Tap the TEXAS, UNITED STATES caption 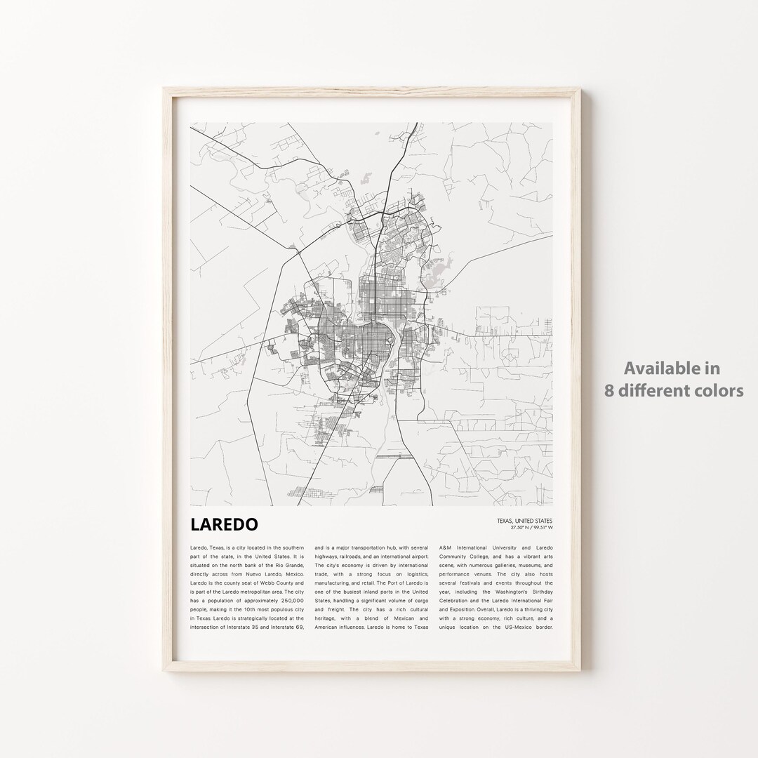click(524, 521)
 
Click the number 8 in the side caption click(610, 391)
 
